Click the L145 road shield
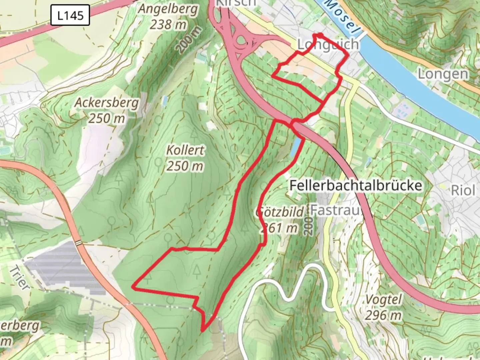coord(70,15)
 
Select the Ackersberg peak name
coord(106,103)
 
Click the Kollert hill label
coord(185,150)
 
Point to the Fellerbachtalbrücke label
coord(356,185)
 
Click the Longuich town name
coord(328,44)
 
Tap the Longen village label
coord(443,74)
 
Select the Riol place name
coord(463,191)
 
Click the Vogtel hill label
coord(384,299)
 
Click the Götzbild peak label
coord(280,212)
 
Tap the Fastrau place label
coord(335,210)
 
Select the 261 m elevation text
coord(279,228)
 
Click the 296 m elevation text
coord(383,315)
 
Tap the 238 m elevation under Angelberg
coord(168,24)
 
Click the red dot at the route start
coord(319,35)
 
